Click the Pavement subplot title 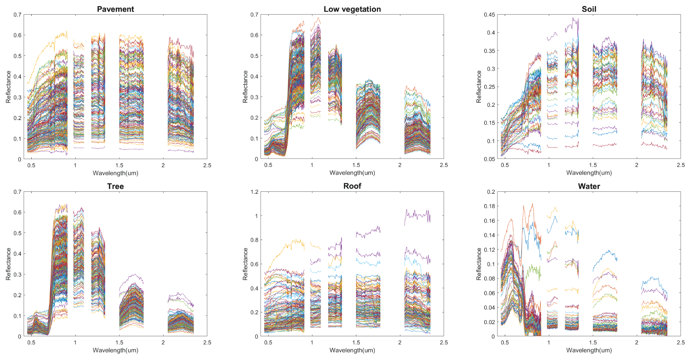[x=115, y=9]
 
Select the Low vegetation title [x=352, y=9]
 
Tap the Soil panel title [x=589, y=9]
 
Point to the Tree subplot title [x=115, y=186]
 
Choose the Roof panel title [x=352, y=186]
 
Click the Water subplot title [x=589, y=186]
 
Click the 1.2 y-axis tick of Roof [x=254, y=192]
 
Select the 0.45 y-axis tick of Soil [x=489, y=15]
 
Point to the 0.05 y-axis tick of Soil [x=489, y=159]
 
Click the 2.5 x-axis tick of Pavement [x=207, y=165]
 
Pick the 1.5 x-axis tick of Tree [x=119, y=343]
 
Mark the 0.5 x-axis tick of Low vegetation [x=268, y=165]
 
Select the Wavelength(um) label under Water [x=589, y=350]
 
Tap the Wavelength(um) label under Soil [x=589, y=173]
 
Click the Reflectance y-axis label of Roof [x=245, y=264]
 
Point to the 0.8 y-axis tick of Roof [x=254, y=240]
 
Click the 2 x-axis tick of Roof [x=400, y=343]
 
